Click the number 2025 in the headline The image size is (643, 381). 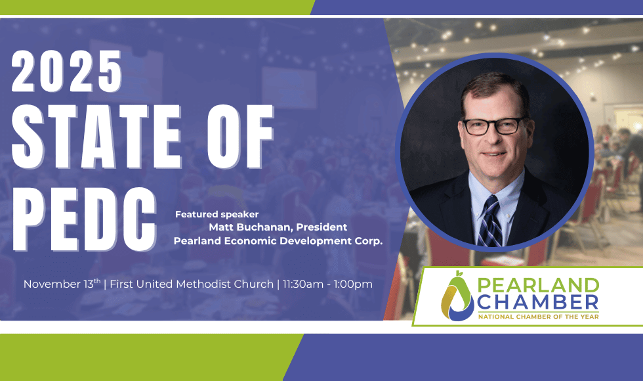click(x=67, y=72)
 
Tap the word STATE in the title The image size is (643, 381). click(x=96, y=136)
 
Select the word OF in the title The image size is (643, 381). click(x=240, y=136)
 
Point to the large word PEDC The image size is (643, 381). click(x=84, y=219)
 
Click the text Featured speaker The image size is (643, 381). click(x=217, y=214)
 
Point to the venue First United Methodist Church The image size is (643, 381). click(x=192, y=284)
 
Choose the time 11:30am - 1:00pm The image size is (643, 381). click(x=327, y=284)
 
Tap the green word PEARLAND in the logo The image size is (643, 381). click(x=539, y=285)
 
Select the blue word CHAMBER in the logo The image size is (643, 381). click(x=537, y=303)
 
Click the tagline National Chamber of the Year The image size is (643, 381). click(x=539, y=317)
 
